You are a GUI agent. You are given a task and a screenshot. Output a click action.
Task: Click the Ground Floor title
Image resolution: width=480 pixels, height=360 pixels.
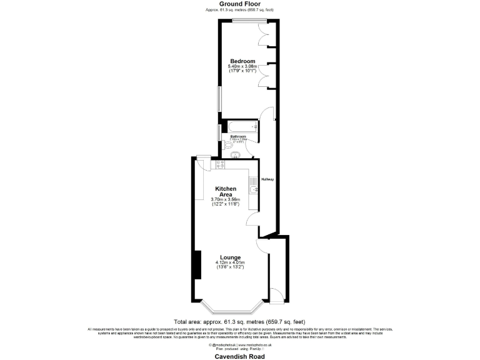pos(239,4)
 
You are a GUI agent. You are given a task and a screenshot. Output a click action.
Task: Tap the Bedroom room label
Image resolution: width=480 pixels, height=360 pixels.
pos(242,61)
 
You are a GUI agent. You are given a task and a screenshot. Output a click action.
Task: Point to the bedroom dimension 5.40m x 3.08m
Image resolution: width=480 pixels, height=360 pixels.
pos(242,66)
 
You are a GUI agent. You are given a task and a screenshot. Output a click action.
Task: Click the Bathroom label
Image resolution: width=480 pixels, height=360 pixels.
pos(238,136)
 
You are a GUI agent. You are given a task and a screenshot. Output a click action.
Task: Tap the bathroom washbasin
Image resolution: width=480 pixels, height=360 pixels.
pos(236,155)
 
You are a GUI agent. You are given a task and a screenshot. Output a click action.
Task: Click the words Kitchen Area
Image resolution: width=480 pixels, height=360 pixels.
pos(226,191)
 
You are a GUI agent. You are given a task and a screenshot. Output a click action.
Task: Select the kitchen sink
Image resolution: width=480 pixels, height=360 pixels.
pos(252,189)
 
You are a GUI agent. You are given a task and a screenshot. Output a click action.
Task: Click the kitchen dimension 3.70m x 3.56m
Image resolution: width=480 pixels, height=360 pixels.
pos(226,199)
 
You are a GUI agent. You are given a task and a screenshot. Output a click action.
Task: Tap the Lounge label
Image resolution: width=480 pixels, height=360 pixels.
pos(230,257)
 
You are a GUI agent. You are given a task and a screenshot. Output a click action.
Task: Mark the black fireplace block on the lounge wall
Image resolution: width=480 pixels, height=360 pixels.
pos(196,265)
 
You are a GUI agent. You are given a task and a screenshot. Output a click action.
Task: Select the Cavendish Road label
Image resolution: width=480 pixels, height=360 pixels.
pos(239,356)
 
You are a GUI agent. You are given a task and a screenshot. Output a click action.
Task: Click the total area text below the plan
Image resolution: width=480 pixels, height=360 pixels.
pos(239,321)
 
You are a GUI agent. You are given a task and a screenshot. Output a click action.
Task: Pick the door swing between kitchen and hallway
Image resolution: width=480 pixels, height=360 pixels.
pos(252,218)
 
